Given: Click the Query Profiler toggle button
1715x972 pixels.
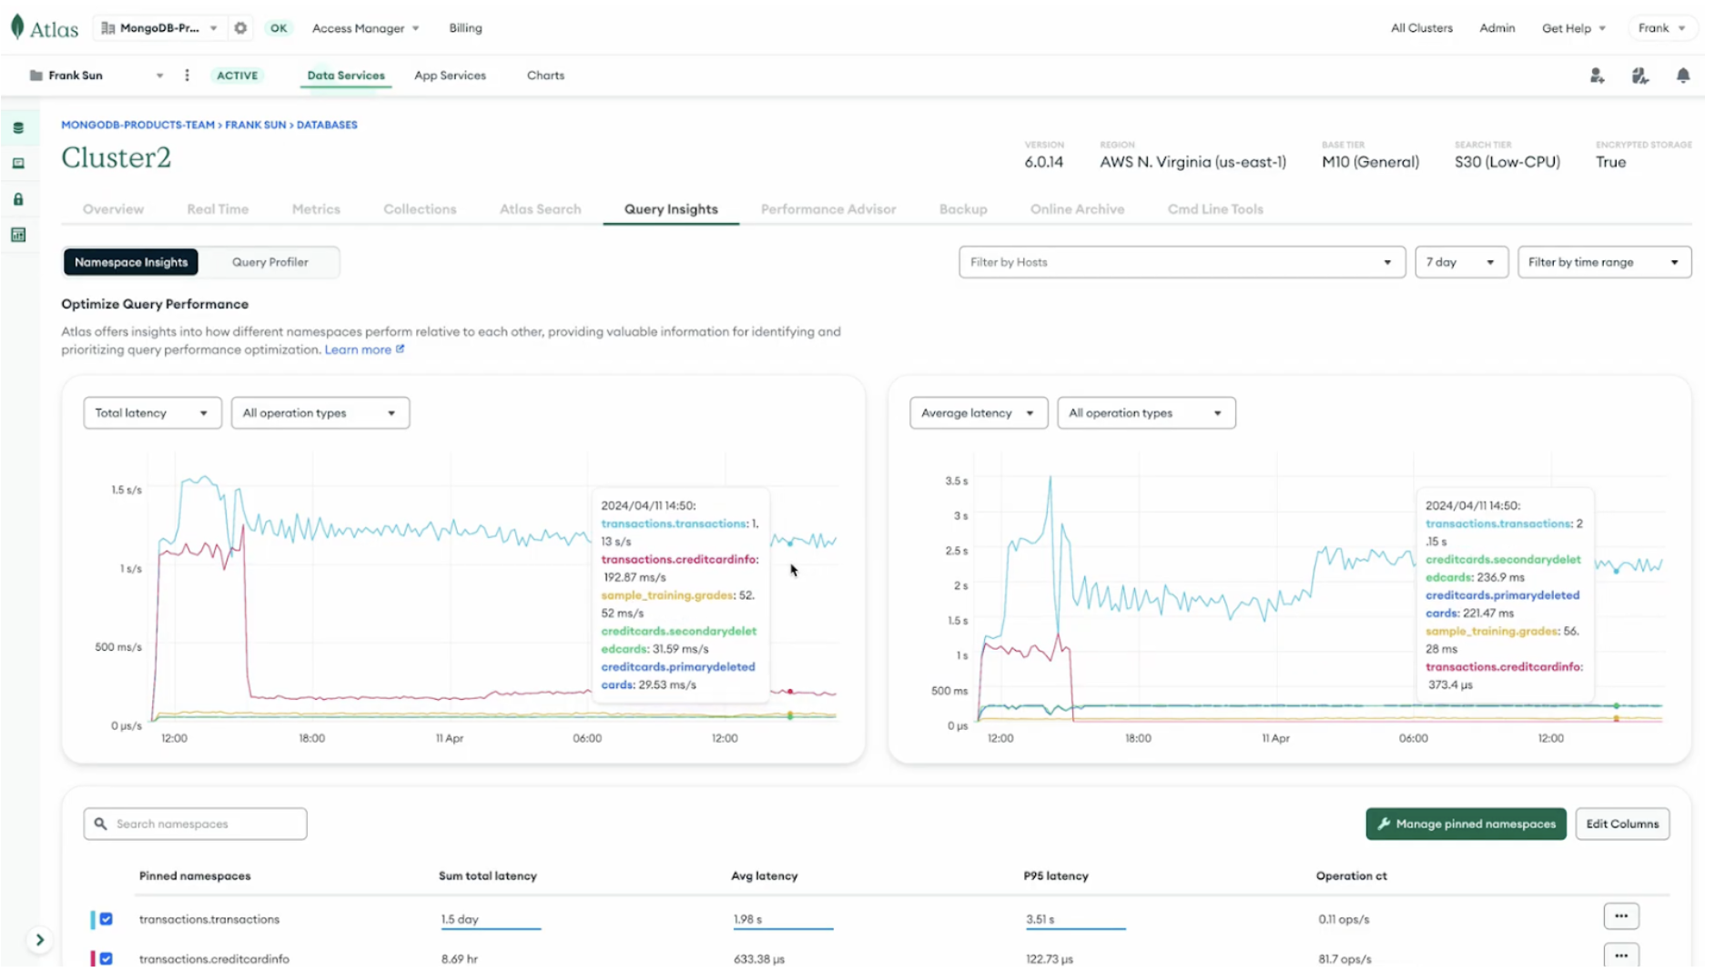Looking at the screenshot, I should coord(269,262).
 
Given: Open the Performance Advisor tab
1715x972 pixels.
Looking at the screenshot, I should coord(827,209).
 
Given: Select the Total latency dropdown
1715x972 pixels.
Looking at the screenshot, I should coord(152,413).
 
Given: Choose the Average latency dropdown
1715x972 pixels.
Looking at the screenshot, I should coord(978,413).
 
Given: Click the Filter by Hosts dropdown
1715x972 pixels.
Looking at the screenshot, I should coord(1181,262).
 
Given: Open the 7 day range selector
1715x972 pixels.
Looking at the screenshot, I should coord(1460,262).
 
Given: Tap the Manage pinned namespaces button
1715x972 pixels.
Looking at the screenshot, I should coord(1465,824).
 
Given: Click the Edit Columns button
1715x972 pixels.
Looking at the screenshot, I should coord(1621,824).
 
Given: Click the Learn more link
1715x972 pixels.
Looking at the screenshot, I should coord(358,349).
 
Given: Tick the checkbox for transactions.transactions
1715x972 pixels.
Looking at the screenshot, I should coord(107,919).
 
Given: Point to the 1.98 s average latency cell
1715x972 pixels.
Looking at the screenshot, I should coord(747,919).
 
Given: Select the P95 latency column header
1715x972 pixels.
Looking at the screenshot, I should coord(1055,876).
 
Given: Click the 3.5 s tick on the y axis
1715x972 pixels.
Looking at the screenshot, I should coord(956,481).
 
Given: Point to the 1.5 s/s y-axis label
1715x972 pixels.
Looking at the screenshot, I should coord(127,490).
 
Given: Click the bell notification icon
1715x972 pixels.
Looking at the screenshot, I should coord(1682,76).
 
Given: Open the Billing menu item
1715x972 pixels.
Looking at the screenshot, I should coord(465,28).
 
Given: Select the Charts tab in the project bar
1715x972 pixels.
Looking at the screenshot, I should coord(545,76).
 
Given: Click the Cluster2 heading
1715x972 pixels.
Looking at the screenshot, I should coord(116,157).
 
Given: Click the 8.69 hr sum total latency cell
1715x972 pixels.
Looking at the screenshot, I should coord(459,958).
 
